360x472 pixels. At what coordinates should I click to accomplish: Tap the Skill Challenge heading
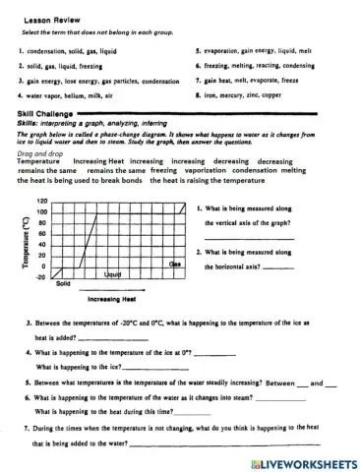[42, 114]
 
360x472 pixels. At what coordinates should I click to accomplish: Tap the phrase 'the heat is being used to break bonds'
[81, 181]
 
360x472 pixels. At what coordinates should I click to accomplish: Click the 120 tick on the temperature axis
[42, 201]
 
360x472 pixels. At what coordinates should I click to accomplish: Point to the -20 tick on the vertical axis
[42, 277]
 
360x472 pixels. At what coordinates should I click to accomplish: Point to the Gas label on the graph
[175, 265]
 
